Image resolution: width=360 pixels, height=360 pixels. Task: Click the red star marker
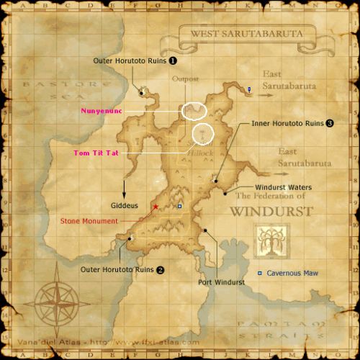155,207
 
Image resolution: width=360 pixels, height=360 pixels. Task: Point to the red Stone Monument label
89,221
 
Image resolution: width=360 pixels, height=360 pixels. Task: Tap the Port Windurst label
221,282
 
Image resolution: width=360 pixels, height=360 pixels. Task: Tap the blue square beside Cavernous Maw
260,274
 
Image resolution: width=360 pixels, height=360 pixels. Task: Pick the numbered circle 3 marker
330,123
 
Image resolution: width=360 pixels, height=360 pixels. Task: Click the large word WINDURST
271,212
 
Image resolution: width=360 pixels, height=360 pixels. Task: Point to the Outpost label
185,78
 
